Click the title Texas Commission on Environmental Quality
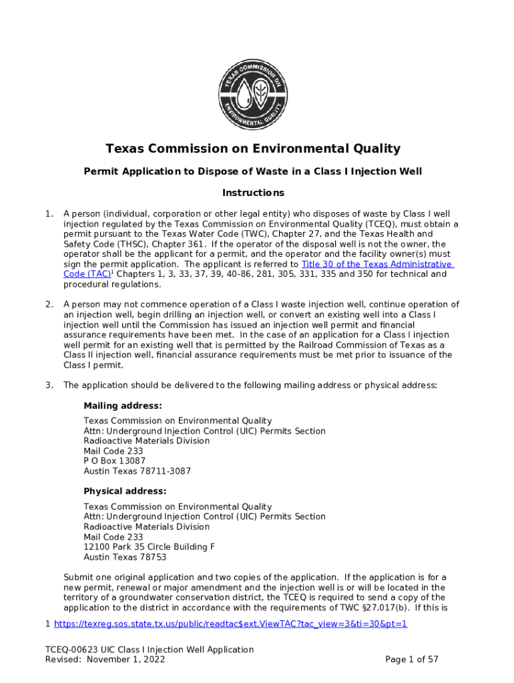pos(253,149)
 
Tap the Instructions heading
pos(253,193)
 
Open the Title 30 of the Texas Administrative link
pos(377,264)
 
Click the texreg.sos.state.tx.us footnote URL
pos(230,624)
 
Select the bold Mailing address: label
pos(123,406)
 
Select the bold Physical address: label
pos(125,491)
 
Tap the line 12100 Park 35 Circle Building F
pos(149,547)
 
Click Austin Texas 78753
pos(125,557)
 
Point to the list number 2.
pos(49,305)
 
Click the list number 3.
pos(49,385)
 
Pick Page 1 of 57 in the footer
pos(412,660)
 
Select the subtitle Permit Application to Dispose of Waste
pos(253,171)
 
